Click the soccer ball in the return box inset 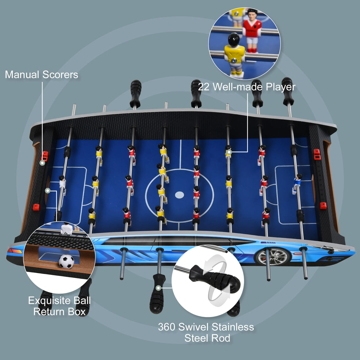tap(66, 262)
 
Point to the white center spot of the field tap(179, 195)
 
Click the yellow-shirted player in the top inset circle tap(234, 55)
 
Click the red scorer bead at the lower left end tap(36, 207)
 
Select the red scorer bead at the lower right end tap(323, 206)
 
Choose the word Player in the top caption tap(281, 87)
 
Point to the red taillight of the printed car tap(15, 251)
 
